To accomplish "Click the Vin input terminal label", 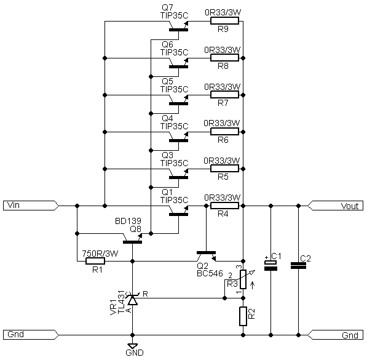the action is [x=31, y=206].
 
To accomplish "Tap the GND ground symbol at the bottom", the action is [x=132, y=346].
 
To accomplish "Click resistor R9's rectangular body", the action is [x=225, y=21].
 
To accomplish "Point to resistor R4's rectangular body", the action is [x=225, y=206].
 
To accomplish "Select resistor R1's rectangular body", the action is [x=95, y=261].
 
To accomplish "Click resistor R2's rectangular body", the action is [x=243, y=316].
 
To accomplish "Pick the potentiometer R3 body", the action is [x=243, y=279].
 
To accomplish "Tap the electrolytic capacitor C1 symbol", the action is [x=271, y=266].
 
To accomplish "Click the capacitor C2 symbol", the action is [x=298, y=266].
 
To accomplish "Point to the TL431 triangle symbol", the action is [x=133, y=300].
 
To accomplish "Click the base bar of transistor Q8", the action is [x=132, y=242].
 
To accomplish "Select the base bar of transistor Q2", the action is [x=206, y=253].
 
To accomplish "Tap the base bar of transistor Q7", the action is [x=179, y=30].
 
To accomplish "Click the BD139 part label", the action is [x=128, y=221].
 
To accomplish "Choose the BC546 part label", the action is [x=210, y=273].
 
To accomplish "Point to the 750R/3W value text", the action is [x=100, y=254].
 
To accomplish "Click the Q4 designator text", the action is [x=167, y=118].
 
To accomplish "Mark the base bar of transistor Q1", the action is [x=179, y=214].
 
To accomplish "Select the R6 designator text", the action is [x=223, y=140].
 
